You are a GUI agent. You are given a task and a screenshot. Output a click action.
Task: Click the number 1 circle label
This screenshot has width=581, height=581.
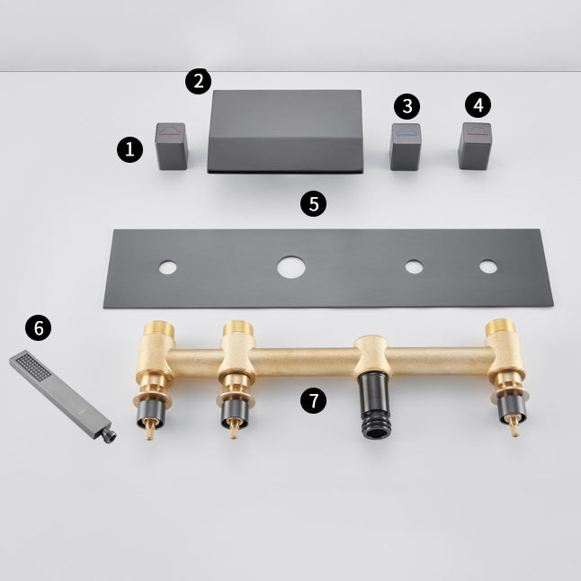[x=130, y=148]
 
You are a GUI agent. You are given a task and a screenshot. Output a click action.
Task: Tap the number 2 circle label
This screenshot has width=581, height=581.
[x=199, y=81]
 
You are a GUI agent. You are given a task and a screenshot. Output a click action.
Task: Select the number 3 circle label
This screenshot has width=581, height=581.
[x=407, y=106]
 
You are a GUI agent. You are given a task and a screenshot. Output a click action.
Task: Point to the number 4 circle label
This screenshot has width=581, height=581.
[x=478, y=104]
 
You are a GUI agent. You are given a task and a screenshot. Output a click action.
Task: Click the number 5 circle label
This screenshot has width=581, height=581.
[x=313, y=203]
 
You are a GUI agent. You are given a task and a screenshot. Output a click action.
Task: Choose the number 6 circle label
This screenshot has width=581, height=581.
[x=38, y=328]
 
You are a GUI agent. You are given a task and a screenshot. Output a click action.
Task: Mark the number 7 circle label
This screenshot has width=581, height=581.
[x=313, y=401]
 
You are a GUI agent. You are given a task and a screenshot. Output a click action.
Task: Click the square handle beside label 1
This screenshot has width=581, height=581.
[x=171, y=146]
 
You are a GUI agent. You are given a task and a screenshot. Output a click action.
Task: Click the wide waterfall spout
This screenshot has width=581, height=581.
[x=284, y=130]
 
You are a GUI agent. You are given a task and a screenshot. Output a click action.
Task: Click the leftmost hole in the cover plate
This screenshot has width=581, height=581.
[x=166, y=267]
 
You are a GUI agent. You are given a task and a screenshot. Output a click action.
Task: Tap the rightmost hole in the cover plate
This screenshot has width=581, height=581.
[x=487, y=267]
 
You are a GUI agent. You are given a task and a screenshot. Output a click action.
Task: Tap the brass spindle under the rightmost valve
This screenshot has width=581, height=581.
[x=513, y=426]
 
